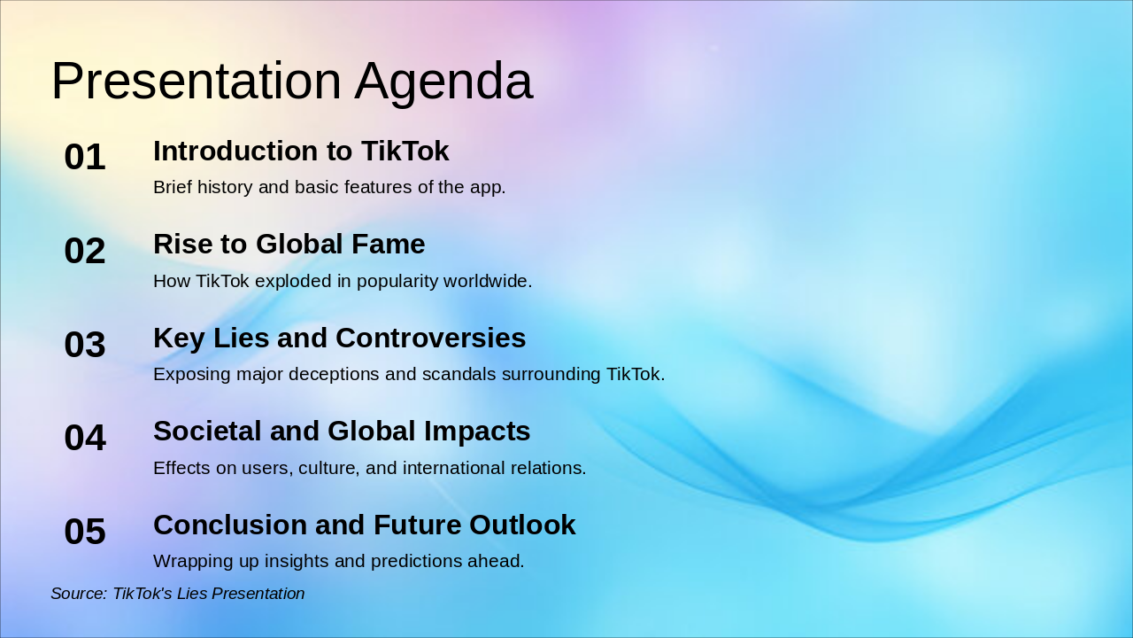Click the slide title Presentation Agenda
click(292, 82)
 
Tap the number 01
click(85, 158)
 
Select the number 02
click(85, 251)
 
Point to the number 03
click(85, 345)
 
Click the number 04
click(85, 438)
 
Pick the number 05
click(85, 532)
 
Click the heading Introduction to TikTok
click(301, 152)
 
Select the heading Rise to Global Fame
click(289, 245)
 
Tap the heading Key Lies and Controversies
click(339, 338)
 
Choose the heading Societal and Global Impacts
click(342, 432)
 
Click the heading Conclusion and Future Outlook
click(364, 525)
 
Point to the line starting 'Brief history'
click(329, 188)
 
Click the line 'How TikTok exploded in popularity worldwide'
click(343, 282)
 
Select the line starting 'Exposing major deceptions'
click(408, 375)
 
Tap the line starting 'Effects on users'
click(369, 468)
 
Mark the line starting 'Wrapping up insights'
click(338, 562)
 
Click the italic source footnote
click(177, 594)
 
